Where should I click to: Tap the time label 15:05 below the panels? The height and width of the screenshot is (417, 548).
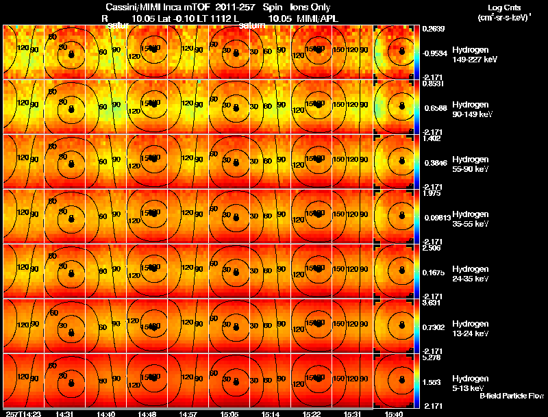tap(229, 414)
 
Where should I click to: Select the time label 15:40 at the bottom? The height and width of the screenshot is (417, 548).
tap(394, 414)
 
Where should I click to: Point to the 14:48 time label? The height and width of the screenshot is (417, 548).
tap(147, 414)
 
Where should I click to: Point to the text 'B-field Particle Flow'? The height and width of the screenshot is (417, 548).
tap(512, 396)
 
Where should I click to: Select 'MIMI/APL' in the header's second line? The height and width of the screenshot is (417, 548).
tap(319, 18)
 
